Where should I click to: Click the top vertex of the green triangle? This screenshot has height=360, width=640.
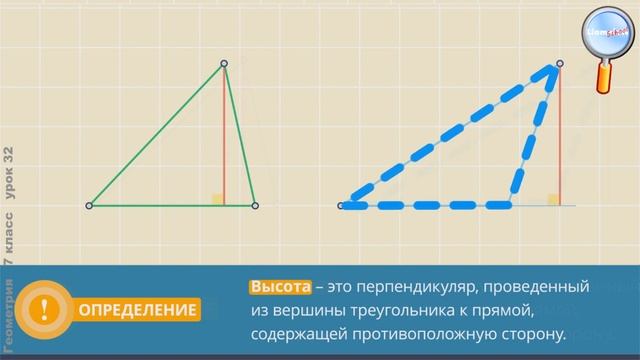point(224,65)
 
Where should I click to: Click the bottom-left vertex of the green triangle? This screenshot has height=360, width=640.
point(90,205)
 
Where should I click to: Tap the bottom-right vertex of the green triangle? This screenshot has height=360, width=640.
point(255,205)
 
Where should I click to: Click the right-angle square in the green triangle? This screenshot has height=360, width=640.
point(217,199)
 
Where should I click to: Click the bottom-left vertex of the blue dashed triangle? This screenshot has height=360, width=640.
point(344,205)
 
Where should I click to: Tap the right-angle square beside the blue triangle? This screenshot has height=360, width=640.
point(553,199)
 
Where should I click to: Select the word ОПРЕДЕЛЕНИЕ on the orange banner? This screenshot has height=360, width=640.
point(139,310)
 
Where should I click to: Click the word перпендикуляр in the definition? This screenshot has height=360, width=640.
point(421,287)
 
